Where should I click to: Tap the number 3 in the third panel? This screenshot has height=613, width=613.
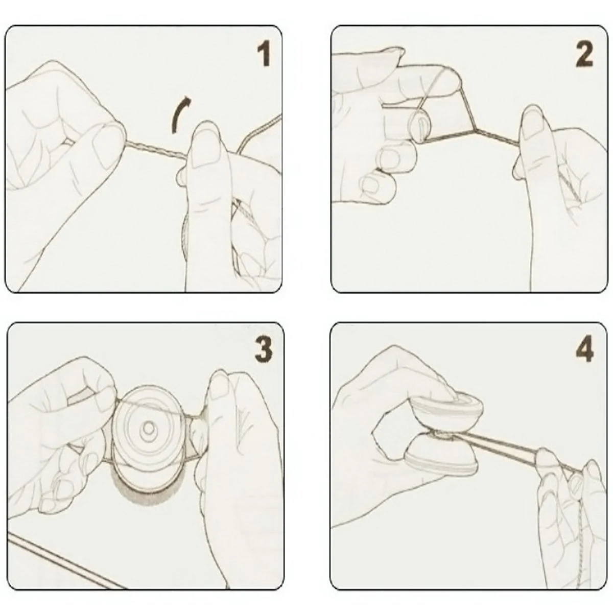pos(264,349)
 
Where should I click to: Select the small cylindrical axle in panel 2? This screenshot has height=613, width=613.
pos(420,125)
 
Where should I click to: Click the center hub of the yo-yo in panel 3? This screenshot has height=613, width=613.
pos(148,429)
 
